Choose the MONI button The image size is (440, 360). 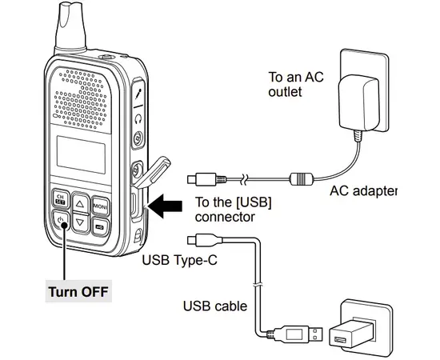pyautogui.click(x=102, y=206)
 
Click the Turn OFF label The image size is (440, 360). pyautogui.click(x=78, y=290)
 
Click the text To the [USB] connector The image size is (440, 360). pyautogui.click(x=233, y=210)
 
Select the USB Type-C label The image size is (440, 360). pyautogui.click(x=178, y=260)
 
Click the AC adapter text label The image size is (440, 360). pyautogui.click(x=362, y=192)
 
